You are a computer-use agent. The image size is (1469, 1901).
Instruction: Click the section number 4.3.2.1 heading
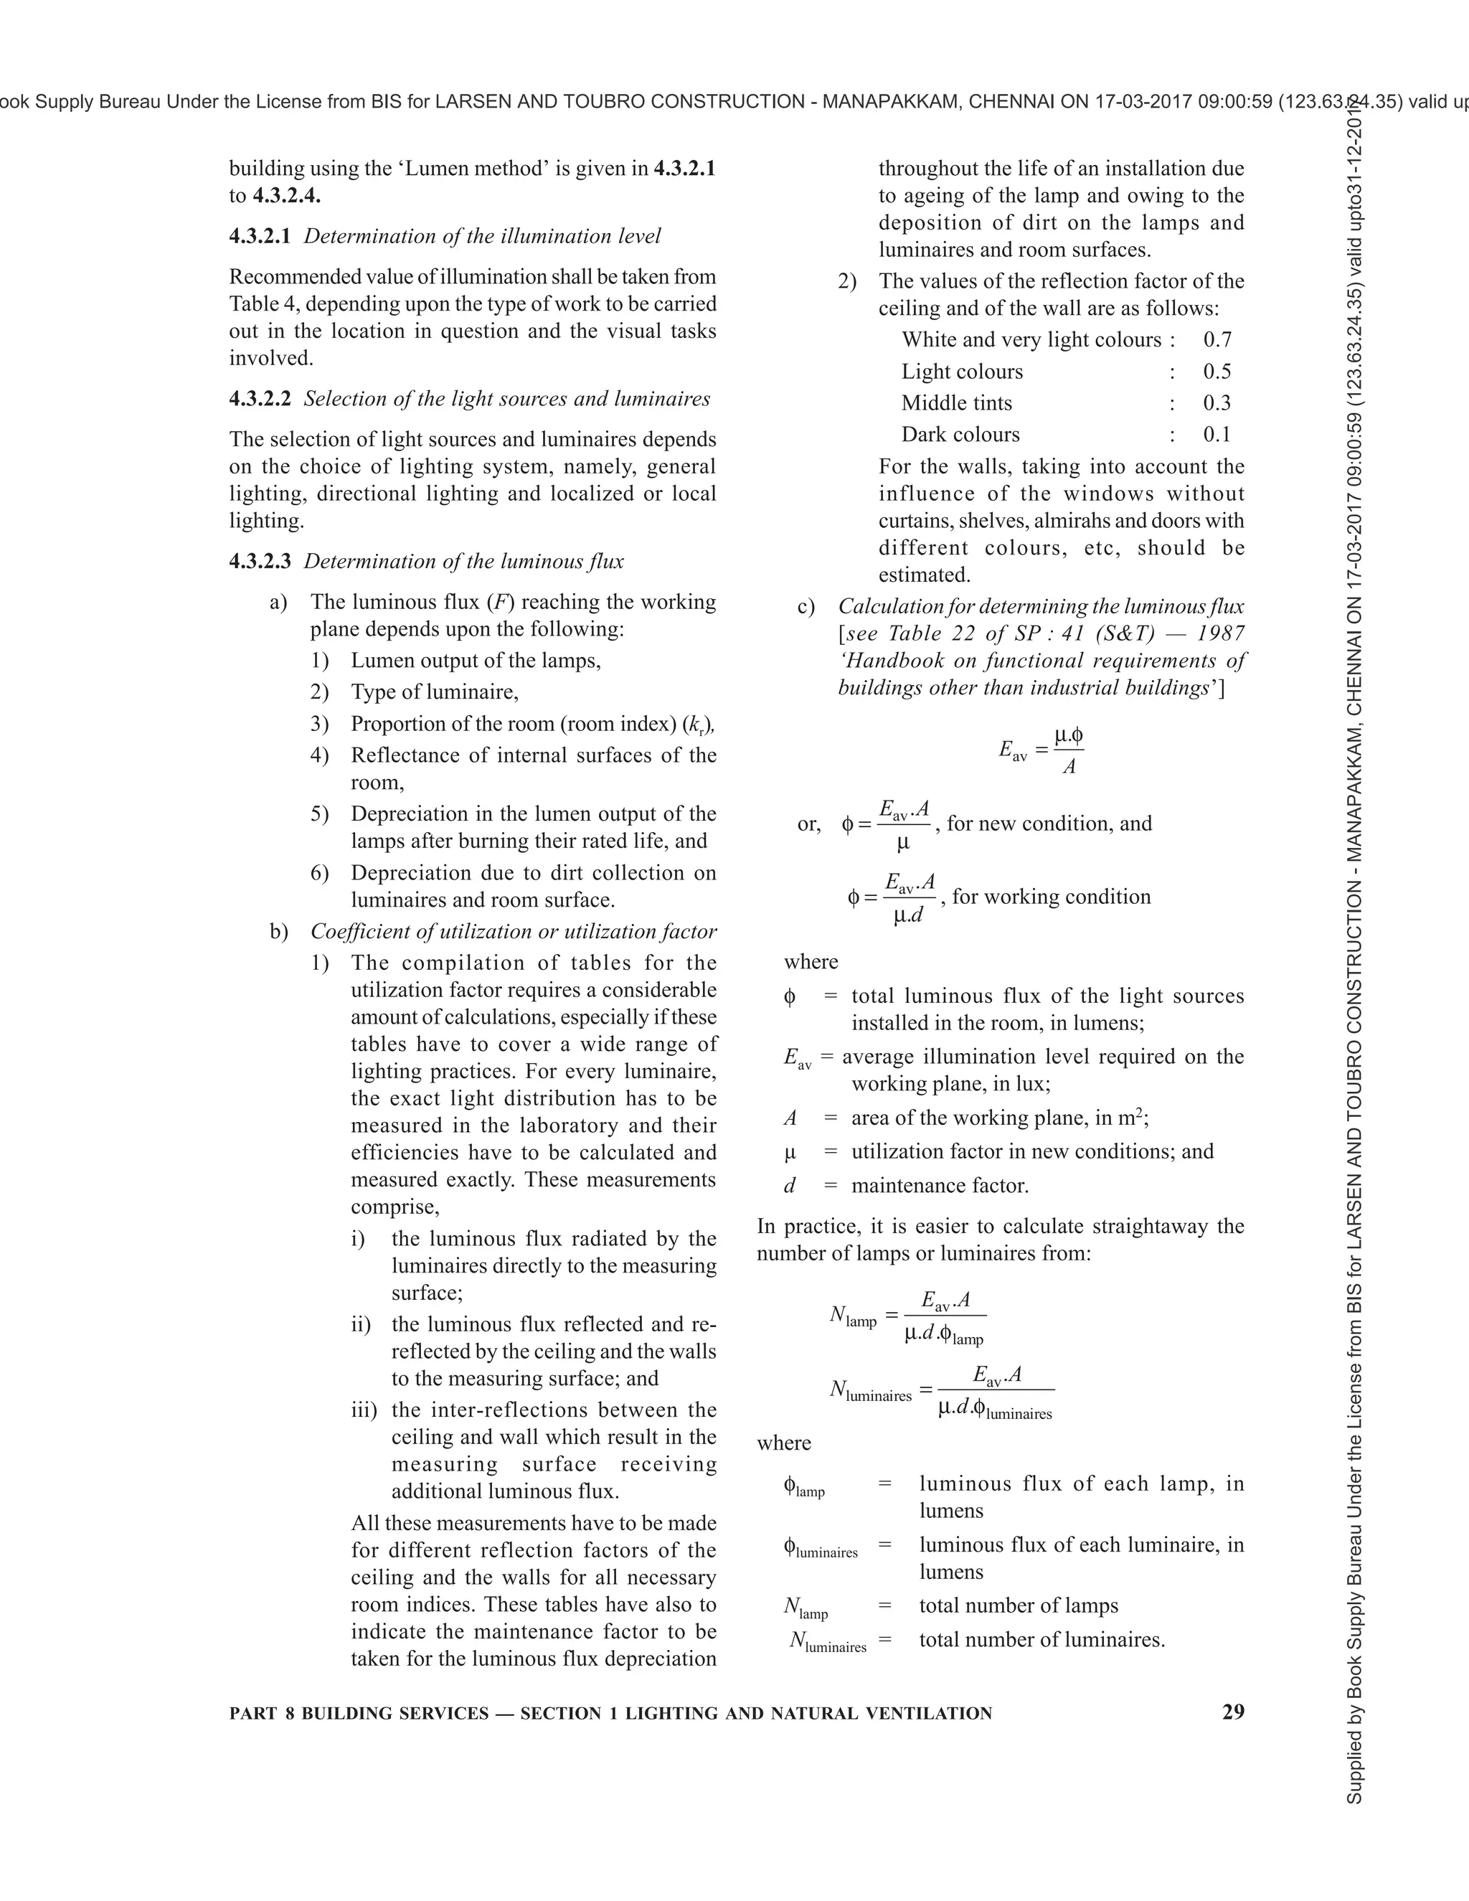click(260, 236)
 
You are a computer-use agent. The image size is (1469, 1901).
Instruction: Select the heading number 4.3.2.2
click(260, 399)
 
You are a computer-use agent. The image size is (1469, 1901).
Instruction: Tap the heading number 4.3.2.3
click(260, 562)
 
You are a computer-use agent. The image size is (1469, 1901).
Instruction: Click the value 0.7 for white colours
click(1217, 339)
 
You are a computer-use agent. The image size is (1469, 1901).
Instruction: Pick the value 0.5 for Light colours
click(1217, 372)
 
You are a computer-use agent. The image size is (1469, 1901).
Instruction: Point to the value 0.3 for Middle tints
click(1217, 403)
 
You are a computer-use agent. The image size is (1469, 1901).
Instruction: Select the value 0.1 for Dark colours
click(1217, 434)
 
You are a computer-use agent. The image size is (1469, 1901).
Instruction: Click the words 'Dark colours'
click(960, 434)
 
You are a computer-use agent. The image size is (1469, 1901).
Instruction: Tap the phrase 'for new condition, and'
click(1049, 824)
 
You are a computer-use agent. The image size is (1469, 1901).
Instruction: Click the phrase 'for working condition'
click(1052, 897)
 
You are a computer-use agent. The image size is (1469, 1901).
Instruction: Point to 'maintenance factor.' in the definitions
click(940, 1186)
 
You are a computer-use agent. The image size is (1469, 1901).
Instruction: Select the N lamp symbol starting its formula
click(852, 1316)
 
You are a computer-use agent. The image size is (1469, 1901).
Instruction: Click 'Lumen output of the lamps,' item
click(475, 661)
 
